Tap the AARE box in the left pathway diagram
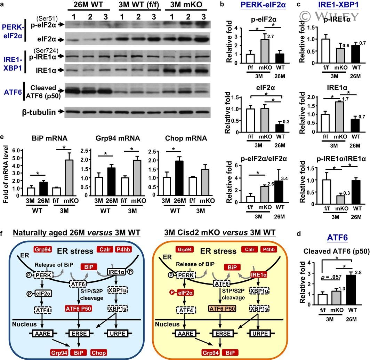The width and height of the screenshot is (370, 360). (x=41, y=334)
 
